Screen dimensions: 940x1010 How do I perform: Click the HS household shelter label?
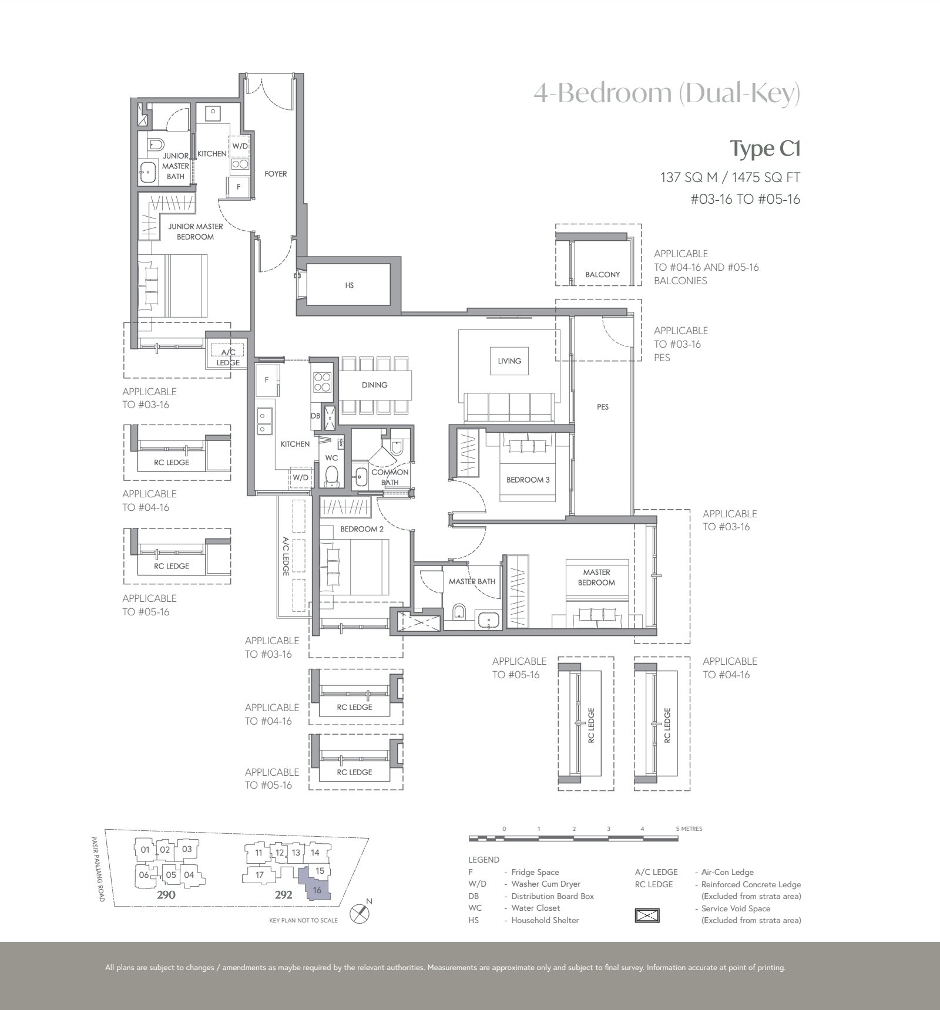pyautogui.click(x=350, y=285)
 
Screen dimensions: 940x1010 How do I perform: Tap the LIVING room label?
pyautogui.click(x=509, y=361)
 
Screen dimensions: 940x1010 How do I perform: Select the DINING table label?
pyautogui.click(x=375, y=385)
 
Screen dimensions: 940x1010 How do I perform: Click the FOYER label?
pyautogui.click(x=276, y=174)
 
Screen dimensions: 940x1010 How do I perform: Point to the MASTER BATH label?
pyautogui.click(x=472, y=581)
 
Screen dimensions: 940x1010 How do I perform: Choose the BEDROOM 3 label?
pyautogui.click(x=528, y=480)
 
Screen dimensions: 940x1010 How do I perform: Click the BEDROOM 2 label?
pyautogui.click(x=362, y=529)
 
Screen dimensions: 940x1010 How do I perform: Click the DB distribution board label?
pyautogui.click(x=315, y=416)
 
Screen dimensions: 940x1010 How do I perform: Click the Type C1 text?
pyautogui.click(x=765, y=149)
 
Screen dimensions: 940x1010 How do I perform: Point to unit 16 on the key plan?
pyautogui.click(x=317, y=890)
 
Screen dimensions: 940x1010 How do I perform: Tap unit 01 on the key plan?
pyautogui.click(x=145, y=850)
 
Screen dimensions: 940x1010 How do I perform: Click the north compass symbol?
pyautogui.click(x=359, y=914)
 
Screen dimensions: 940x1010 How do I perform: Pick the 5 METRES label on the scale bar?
pyautogui.click(x=689, y=829)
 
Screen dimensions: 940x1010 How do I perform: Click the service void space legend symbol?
pyautogui.click(x=647, y=915)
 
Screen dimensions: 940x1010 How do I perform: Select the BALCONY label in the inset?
pyautogui.click(x=603, y=274)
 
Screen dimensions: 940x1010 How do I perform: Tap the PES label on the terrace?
pyautogui.click(x=603, y=407)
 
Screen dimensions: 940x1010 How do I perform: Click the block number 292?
pyautogui.click(x=283, y=896)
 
